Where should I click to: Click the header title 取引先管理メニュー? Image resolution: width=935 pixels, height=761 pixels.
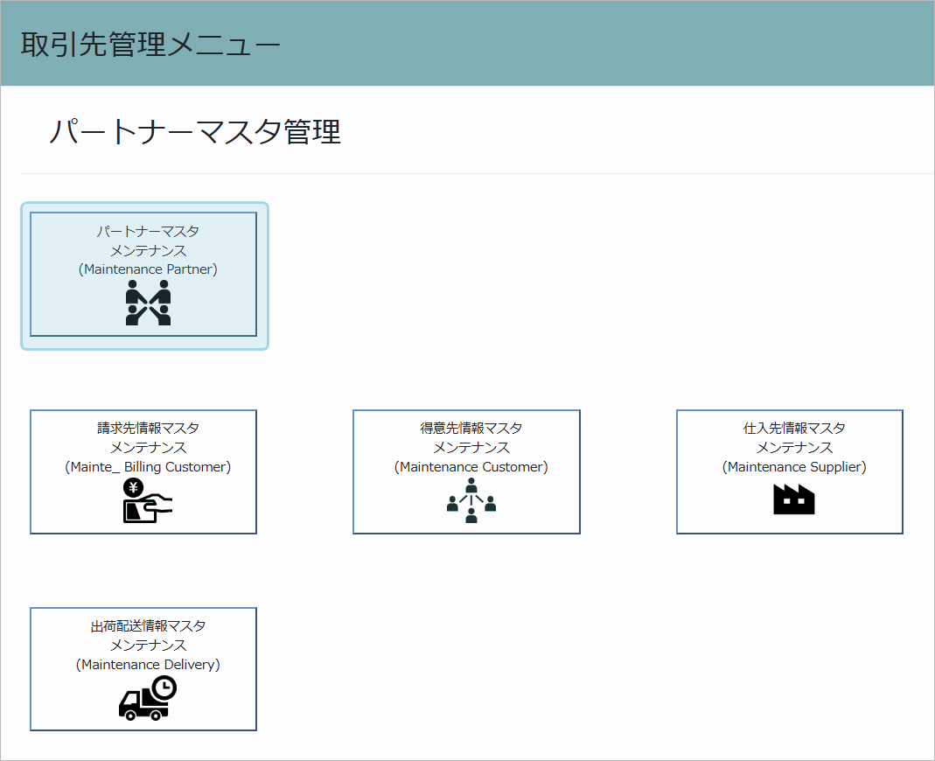pos(150,44)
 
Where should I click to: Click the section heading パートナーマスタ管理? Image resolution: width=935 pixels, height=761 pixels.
pos(195,131)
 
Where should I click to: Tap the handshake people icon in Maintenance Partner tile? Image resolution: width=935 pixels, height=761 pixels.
pos(148,303)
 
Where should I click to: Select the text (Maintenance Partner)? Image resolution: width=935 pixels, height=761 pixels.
pos(148,269)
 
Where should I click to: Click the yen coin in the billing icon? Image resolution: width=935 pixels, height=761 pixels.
pos(134,488)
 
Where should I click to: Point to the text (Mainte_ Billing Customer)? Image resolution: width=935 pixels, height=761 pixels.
pos(148,467)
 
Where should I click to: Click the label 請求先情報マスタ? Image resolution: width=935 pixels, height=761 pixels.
pos(148,429)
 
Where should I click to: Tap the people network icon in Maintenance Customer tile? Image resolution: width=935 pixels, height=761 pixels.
pos(471,500)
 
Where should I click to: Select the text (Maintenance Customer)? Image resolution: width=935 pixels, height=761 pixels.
pos(471,467)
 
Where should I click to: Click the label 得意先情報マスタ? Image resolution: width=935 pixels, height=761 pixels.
pos(471,429)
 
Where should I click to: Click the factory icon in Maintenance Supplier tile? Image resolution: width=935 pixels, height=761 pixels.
pos(793,499)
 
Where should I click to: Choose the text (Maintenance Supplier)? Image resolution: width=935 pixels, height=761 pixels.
pos(794,467)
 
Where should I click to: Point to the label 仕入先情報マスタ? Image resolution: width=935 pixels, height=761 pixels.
pos(794,429)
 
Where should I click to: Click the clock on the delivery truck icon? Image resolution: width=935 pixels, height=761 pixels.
pos(164,688)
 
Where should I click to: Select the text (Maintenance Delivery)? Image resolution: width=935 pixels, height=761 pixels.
pos(148,665)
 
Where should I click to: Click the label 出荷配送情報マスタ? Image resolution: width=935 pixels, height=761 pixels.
pos(148,626)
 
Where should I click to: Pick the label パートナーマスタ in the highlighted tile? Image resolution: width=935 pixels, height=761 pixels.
pos(148,232)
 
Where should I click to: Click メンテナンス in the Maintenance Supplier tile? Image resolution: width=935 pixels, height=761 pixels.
pos(794,447)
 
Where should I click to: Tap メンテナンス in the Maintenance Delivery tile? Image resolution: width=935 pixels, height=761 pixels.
pos(148,646)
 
